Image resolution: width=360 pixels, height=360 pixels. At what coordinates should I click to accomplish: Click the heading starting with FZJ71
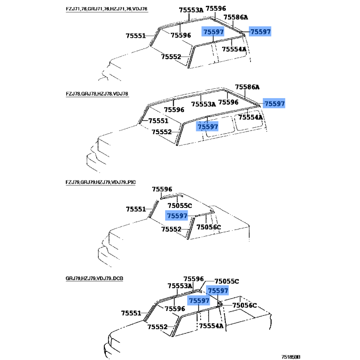107,9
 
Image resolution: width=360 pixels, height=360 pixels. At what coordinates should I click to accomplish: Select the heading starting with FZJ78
97,94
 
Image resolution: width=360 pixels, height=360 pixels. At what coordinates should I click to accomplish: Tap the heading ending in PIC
100,182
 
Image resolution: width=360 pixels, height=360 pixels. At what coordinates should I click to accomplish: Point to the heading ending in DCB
94,279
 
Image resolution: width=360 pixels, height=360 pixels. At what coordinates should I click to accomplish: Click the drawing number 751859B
291,357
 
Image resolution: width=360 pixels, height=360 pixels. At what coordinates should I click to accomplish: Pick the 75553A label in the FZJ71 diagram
191,10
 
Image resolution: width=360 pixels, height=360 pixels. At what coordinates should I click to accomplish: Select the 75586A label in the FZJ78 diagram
247,87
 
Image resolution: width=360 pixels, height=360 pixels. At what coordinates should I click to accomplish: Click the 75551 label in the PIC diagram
136,209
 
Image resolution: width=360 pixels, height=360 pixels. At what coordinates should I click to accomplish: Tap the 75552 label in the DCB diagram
157,327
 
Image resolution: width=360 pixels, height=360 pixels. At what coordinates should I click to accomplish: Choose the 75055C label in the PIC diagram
180,206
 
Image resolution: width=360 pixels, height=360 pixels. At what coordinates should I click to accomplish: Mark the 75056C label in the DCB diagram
245,306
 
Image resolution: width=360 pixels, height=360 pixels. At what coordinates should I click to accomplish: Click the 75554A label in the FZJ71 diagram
234,49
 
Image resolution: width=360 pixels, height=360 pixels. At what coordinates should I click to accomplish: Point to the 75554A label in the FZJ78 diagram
251,117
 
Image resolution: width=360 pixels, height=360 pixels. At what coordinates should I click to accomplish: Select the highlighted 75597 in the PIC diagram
177,216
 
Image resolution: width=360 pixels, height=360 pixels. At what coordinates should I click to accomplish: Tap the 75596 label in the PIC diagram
162,189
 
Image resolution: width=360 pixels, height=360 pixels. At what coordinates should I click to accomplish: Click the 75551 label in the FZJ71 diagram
136,36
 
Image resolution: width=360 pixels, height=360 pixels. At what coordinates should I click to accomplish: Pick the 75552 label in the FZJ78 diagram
162,132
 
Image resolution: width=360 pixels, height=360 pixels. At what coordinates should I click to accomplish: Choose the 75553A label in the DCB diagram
180,286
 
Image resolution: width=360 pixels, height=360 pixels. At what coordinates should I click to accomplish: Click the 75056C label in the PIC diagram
209,227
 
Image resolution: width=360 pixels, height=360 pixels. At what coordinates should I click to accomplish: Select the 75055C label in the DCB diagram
227,281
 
